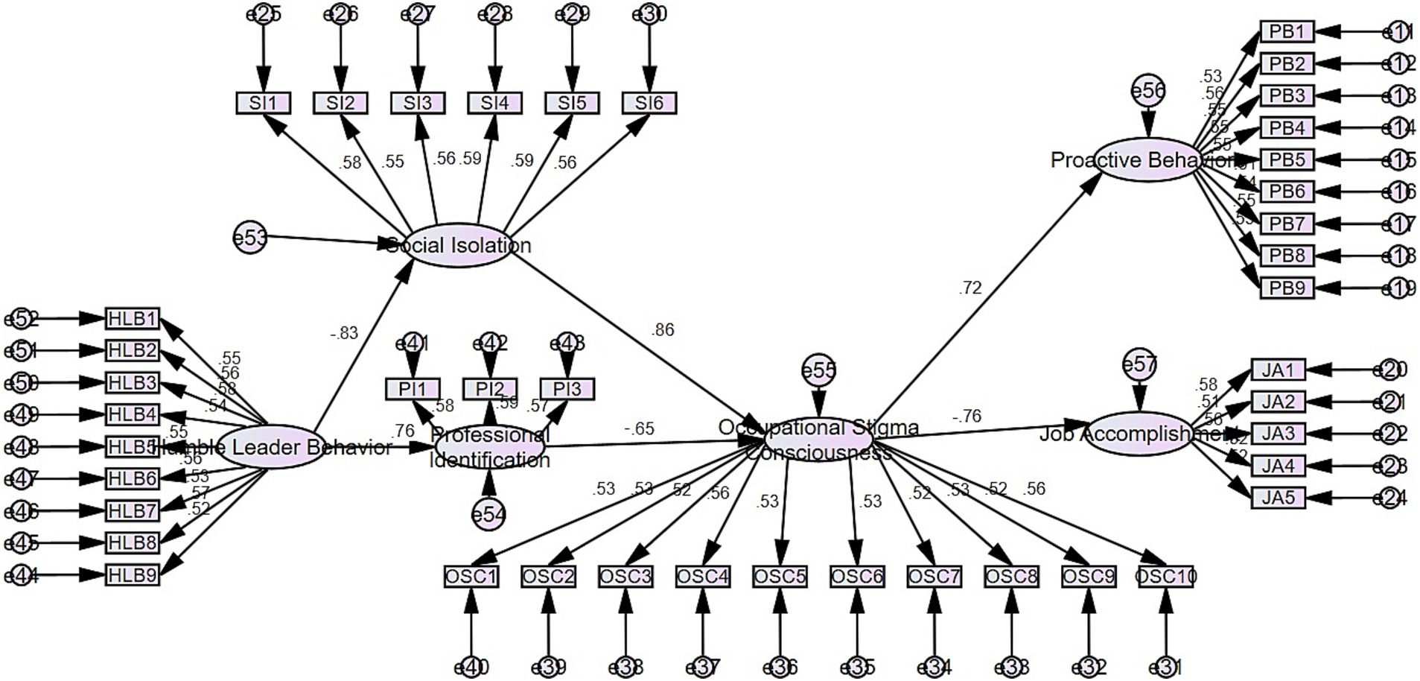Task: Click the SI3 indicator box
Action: click(x=418, y=103)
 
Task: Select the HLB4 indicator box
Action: click(x=133, y=414)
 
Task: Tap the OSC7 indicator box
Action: click(x=935, y=577)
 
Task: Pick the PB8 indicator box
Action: click(x=1287, y=256)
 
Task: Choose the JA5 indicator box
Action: click(x=1278, y=497)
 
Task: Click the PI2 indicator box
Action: click(x=489, y=389)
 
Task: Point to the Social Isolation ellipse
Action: click(x=459, y=245)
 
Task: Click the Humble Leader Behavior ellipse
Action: click(x=271, y=447)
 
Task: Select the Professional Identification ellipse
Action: click(x=490, y=447)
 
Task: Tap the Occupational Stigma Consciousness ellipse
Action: click(x=818, y=440)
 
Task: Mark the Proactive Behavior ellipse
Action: click(x=1147, y=159)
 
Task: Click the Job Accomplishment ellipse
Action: click(x=1138, y=433)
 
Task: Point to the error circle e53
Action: click(x=249, y=238)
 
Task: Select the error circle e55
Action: click(x=818, y=370)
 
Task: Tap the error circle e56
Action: click(x=1147, y=91)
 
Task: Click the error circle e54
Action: click(x=488, y=514)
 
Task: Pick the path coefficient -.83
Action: click(x=344, y=334)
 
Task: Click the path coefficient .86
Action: click(x=662, y=330)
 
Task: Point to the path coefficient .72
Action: click(x=970, y=288)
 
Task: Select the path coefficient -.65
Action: click(x=639, y=428)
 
